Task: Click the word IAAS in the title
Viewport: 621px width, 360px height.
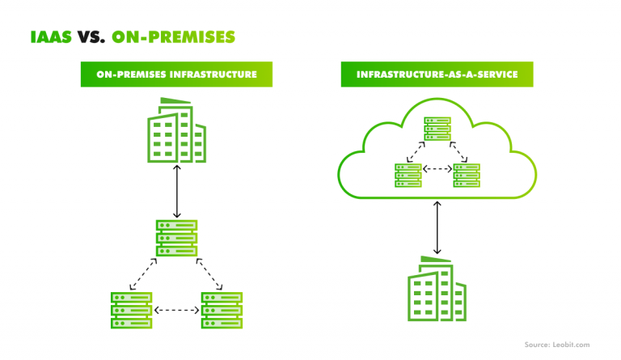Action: [x=52, y=37]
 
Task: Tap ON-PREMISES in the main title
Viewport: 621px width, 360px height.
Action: [x=174, y=37]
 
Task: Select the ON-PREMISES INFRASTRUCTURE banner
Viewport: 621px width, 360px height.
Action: [x=176, y=74]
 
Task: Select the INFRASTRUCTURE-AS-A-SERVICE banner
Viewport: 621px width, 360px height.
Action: [x=437, y=74]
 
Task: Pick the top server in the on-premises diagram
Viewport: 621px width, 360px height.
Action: [x=176, y=238]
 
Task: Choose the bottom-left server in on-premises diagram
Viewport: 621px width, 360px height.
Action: [x=131, y=309]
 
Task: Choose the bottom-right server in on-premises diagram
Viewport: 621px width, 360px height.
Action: [x=222, y=309]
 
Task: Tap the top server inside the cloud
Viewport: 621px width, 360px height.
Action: [x=437, y=128]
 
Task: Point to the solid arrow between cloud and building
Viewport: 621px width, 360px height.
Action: [x=437, y=228]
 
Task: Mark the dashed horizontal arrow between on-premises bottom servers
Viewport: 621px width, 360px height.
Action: [x=176, y=310]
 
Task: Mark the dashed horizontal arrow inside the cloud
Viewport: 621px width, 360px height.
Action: [x=437, y=170]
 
